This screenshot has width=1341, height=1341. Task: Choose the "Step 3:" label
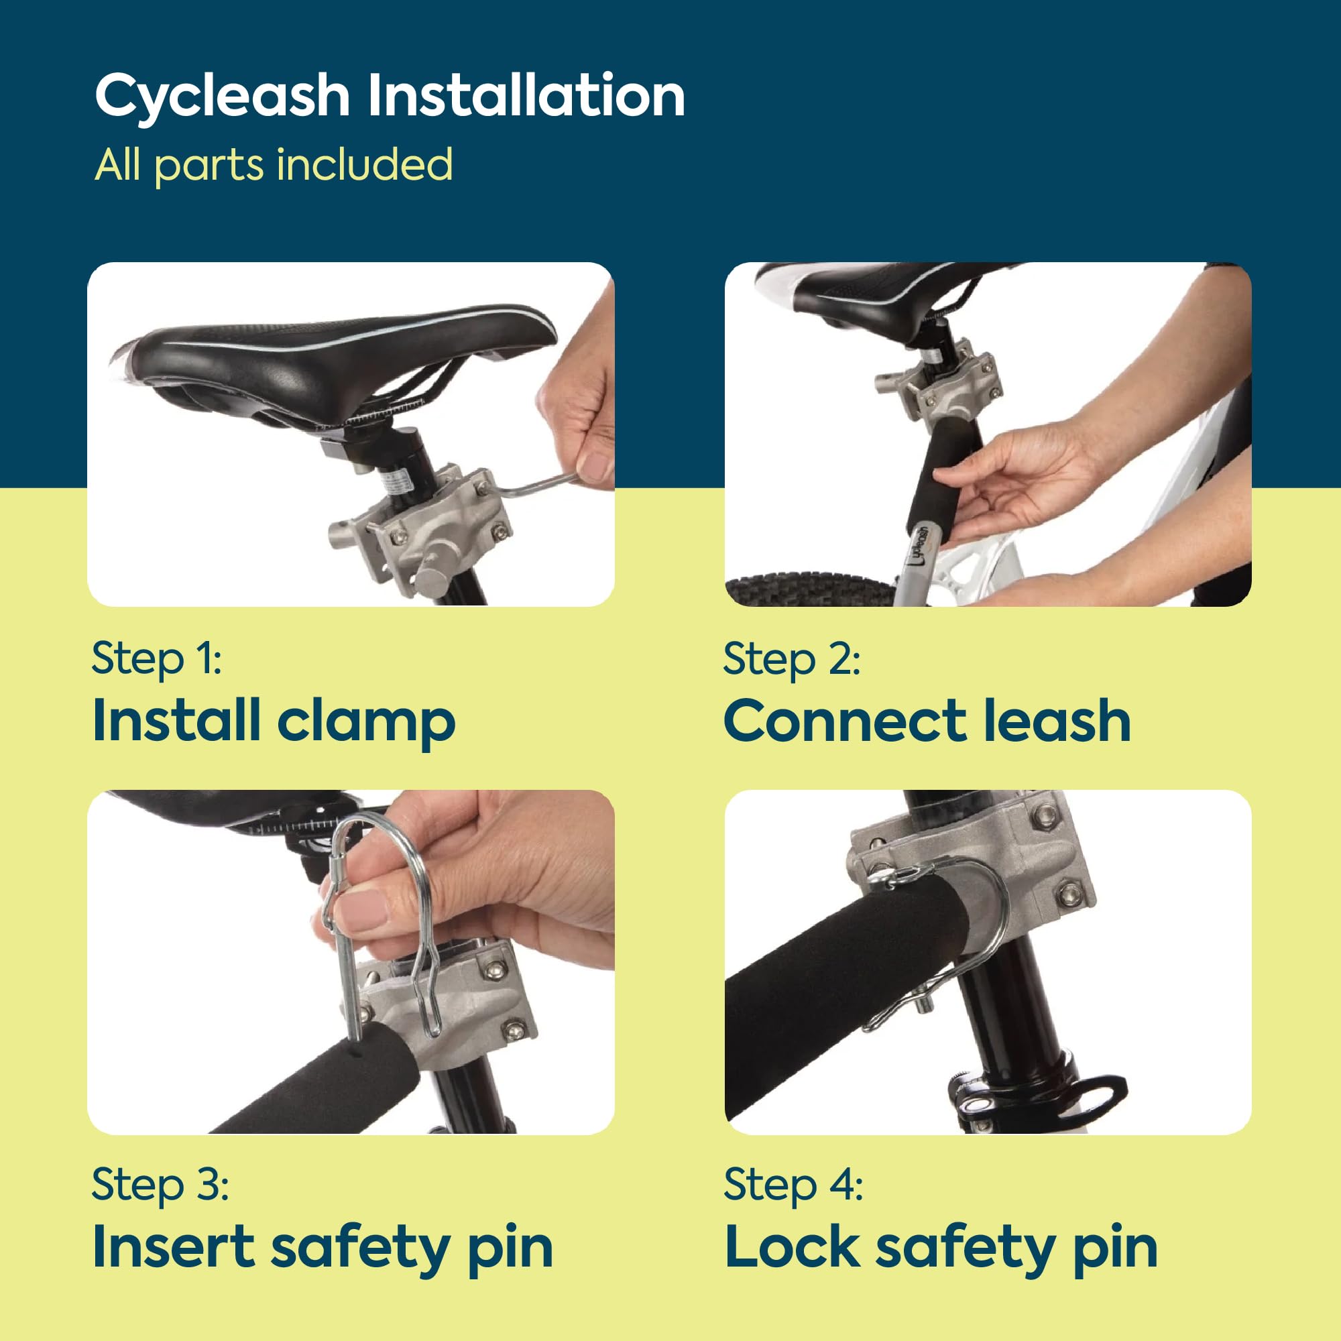coord(160,1184)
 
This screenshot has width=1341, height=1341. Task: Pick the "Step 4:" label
coord(793,1184)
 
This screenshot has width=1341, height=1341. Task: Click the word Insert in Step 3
coord(174,1247)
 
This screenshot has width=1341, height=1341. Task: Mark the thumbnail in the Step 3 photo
coord(361,909)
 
